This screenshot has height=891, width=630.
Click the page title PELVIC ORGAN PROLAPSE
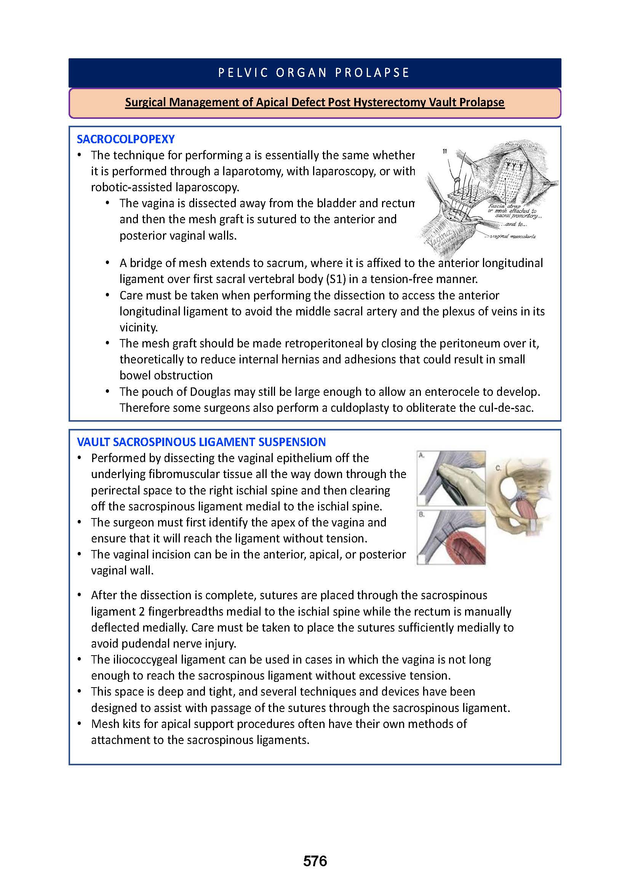pyautogui.click(x=314, y=73)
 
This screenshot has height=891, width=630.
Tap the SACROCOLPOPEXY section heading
pyautogui.click(x=126, y=139)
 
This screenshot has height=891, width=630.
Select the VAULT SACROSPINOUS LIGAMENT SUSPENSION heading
pyautogui.click(x=201, y=442)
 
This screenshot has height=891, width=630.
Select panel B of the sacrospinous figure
pyautogui.click(x=451, y=537)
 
